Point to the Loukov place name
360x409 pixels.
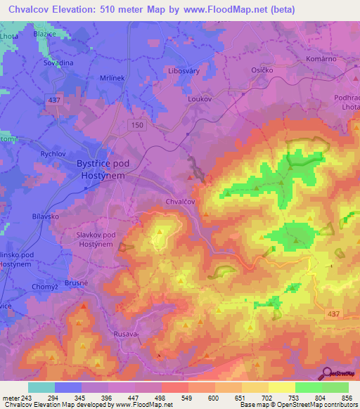pos(199,100)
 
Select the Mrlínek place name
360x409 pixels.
pos(95,81)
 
